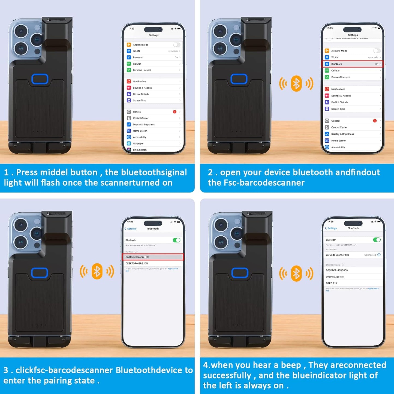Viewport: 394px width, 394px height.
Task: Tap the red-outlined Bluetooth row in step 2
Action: pos(353,64)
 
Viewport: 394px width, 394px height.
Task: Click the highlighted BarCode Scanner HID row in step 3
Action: pos(153,257)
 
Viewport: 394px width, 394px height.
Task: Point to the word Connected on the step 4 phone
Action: pos(370,255)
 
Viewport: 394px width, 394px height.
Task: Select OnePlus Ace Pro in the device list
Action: pos(335,277)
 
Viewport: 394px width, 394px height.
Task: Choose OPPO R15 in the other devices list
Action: pos(331,283)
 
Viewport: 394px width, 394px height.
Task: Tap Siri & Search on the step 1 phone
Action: pos(140,150)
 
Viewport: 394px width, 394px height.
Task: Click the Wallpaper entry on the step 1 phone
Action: pos(138,143)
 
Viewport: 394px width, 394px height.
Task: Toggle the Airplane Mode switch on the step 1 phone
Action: pos(176,45)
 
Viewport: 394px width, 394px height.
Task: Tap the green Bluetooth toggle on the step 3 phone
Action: pos(176,240)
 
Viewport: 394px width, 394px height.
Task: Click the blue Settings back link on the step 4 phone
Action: pos(331,228)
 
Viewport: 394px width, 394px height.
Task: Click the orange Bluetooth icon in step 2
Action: pos(296,83)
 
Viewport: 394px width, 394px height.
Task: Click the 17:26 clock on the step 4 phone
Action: pos(330,222)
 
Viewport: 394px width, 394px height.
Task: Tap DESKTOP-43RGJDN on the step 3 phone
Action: pos(137,263)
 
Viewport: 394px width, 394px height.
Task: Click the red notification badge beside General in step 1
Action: pos(175,112)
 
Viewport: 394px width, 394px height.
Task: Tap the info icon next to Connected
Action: pos(379,255)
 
